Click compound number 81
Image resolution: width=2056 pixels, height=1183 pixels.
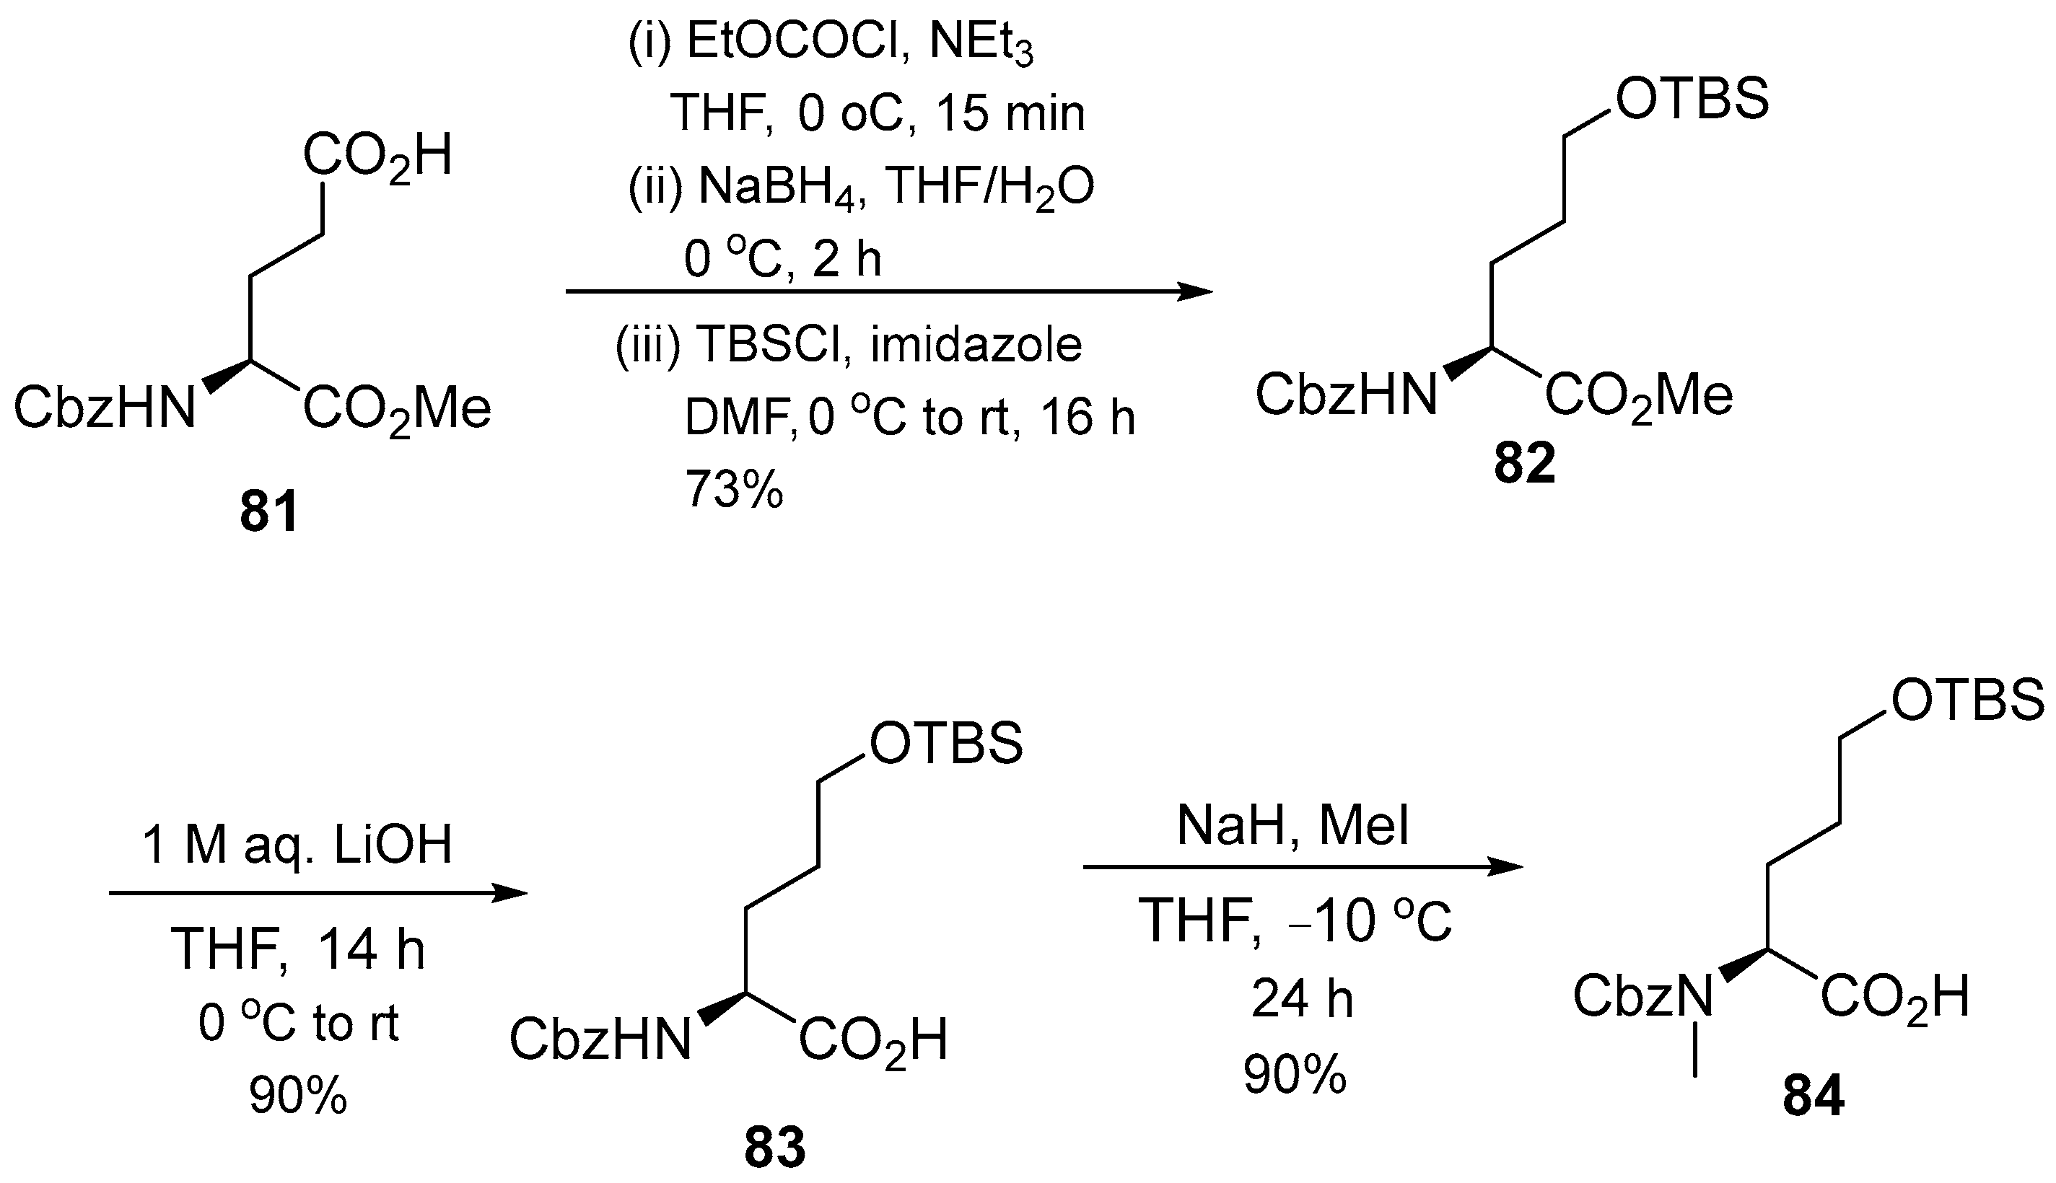[269, 512]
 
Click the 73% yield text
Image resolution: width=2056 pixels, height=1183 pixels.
[734, 489]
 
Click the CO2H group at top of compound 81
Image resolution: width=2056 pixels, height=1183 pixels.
[378, 156]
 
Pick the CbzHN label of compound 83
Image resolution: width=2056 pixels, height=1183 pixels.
[600, 1040]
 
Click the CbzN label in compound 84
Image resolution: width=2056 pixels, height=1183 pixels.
[1642, 996]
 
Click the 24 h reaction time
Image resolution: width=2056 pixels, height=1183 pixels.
[1302, 998]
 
